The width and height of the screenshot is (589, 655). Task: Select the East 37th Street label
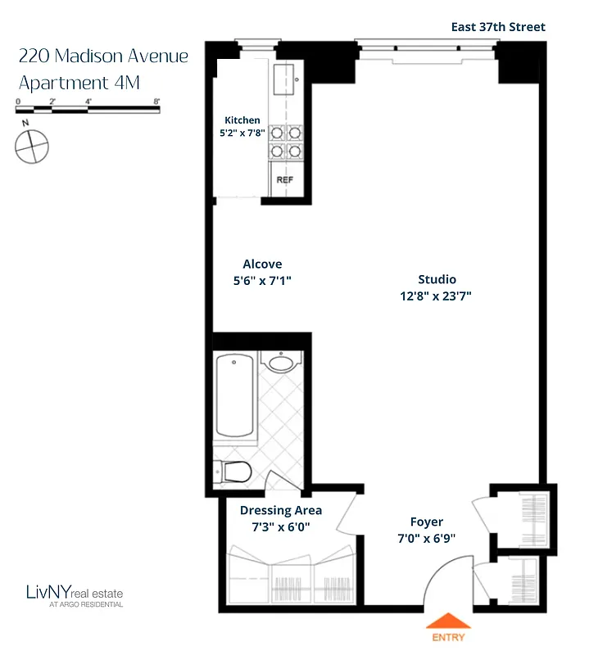(498, 27)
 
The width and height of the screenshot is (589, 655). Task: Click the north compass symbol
(31, 146)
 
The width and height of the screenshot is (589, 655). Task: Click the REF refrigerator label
(284, 180)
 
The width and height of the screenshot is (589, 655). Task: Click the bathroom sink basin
(282, 364)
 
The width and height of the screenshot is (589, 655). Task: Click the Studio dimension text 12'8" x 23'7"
(436, 296)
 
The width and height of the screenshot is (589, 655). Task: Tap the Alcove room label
(262, 264)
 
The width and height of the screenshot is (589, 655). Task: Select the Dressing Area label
(281, 511)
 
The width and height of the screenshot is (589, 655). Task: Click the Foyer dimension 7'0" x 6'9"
(427, 538)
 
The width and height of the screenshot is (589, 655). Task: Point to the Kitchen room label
(242, 120)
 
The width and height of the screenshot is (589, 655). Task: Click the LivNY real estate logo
(75, 594)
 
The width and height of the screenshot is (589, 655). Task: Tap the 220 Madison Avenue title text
(103, 56)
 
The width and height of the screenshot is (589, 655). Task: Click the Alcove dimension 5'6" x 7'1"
(262, 280)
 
